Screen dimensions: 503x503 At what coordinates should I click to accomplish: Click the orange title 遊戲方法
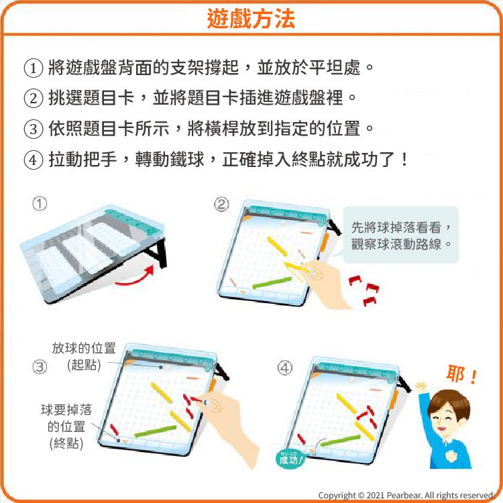pos(251,19)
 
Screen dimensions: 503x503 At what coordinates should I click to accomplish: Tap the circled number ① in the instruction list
pos(33,68)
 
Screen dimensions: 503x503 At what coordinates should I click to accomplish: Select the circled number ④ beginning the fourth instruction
pos(33,160)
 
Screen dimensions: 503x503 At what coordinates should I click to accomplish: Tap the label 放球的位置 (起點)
pos(84,356)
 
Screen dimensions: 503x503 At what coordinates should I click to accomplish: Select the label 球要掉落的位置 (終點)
pos(66,426)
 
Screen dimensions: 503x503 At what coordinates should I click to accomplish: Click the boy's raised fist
pos(421,387)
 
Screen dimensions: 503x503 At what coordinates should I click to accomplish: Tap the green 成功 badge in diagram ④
pos(290,459)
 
